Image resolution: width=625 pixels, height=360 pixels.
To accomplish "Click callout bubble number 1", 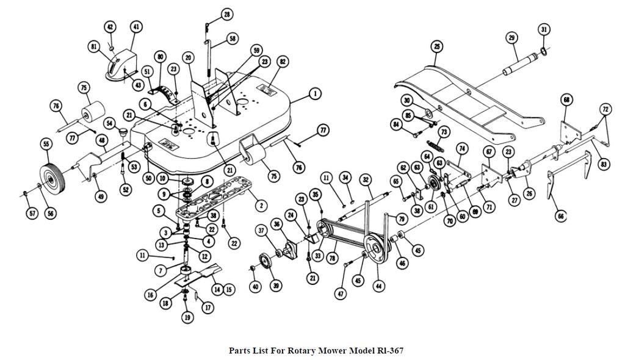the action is [x=315, y=94].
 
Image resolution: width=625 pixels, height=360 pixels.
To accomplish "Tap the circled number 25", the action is [x=437, y=46].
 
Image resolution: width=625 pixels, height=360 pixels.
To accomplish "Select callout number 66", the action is [x=561, y=216].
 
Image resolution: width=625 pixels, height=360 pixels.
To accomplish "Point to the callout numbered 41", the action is [x=136, y=27].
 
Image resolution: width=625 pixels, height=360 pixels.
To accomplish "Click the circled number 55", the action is [x=46, y=145].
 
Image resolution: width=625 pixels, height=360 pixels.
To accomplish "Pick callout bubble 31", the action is [x=544, y=29].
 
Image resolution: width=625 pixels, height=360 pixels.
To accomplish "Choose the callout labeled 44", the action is [x=378, y=286].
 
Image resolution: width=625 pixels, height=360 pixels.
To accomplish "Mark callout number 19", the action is [x=187, y=317].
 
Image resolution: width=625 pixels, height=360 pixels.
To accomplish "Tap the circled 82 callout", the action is [x=283, y=62].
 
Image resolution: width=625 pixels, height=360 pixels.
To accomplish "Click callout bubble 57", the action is [x=32, y=214].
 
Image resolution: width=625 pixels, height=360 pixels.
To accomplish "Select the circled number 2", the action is [x=261, y=205].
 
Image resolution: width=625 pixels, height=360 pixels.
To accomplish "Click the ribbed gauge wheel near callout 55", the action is [x=52, y=178].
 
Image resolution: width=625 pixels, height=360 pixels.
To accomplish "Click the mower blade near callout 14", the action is [x=198, y=275].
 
